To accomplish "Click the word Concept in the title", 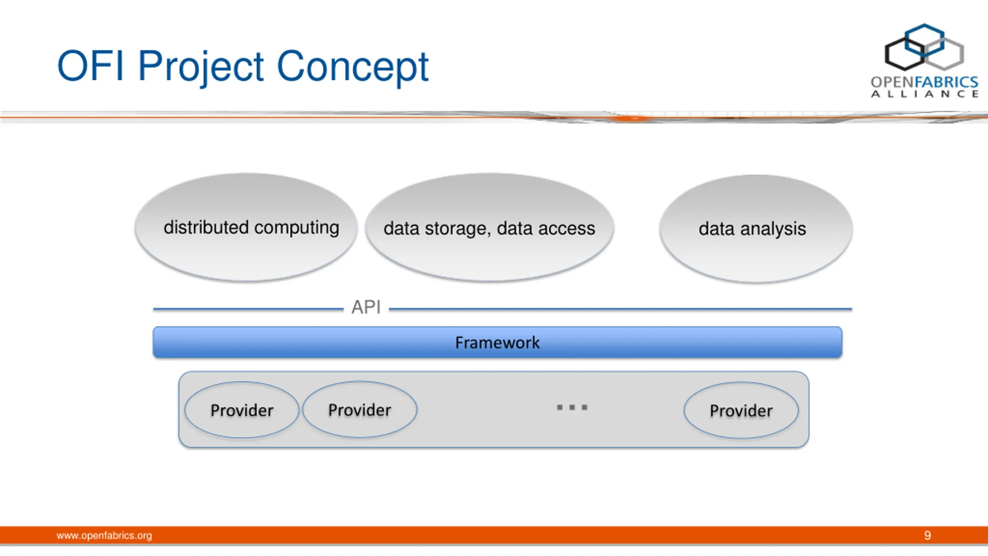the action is pyautogui.click(x=353, y=67).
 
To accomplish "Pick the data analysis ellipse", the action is pyautogui.click(x=756, y=229).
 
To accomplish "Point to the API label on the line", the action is pyautogui.click(x=366, y=307).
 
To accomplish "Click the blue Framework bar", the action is pyautogui.click(x=497, y=342).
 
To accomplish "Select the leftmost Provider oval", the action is pyautogui.click(x=242, y=410).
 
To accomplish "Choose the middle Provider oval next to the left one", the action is pyautogui.click(x=360, y=410).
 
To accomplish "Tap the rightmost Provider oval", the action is pyautogui.click(x=741, y=410).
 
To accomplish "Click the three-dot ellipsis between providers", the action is pyautogui.click(x=572, y=407).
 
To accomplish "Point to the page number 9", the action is pyautogui.click(x=927, y=536).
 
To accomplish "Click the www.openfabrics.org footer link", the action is pyautogui.click(x=104, y=536).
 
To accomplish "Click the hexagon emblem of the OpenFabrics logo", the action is pyautogui.click(x=924, y=47).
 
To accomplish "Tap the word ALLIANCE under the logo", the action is pyautogui.click(x=925, y=94).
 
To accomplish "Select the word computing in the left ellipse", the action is pyautogui.click(x=297, y=228).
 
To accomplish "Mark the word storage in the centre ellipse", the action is pyautogui.click(x=458, y=229).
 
